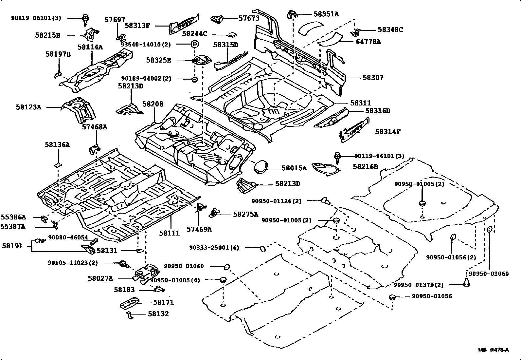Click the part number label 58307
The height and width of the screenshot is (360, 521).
(373, 78)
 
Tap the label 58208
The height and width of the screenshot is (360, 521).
(153, 104)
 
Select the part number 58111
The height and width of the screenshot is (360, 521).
(170, 233)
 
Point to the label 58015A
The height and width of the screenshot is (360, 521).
(294, 168)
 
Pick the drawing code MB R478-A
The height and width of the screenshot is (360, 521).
(494, 350)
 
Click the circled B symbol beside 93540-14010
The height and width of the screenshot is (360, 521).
(194, 44)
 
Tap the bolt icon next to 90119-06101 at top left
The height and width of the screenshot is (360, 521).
(86, 19)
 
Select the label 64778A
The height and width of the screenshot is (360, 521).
(368, 42)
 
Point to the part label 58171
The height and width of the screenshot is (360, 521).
(163, 302)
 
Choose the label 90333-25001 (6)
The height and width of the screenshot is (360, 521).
(214, 248)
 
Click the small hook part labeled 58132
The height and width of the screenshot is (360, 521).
(130, 315)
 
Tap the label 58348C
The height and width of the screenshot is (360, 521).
(390, 30)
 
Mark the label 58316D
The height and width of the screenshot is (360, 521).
(378, 111)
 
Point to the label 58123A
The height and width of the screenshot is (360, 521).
(28, 107)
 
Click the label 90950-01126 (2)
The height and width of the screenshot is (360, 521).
(276, 201)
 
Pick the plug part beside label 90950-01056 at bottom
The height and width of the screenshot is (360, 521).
(392, 297)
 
